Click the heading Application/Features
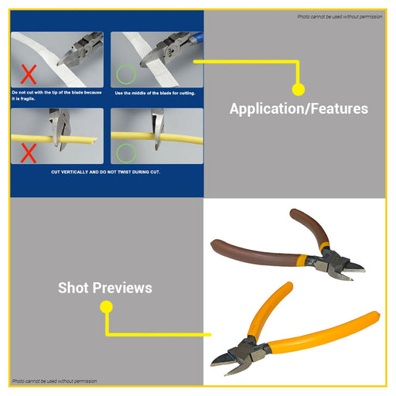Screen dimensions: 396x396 (x=299, y=108)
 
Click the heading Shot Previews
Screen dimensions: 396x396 (x=105, y=288)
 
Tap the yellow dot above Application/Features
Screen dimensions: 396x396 (x=299, y=89)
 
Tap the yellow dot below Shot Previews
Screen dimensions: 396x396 (x=106, y=307)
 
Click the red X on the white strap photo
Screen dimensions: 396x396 (x=29, y=74)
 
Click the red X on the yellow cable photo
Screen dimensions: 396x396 (x=29, y=153)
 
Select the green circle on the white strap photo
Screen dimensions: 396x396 (x=126, y=74)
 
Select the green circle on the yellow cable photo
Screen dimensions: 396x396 (x=126, y=153)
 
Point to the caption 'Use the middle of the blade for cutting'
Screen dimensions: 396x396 (x=155, y=93)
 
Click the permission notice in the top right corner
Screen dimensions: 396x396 (x=340, y=17)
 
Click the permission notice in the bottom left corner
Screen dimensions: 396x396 (x=55, y=381)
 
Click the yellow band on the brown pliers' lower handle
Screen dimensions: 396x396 (x=301, y=261)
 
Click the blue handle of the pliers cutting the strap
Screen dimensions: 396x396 (x=196, y=38)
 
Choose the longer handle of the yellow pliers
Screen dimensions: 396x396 (x=323, y=333)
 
